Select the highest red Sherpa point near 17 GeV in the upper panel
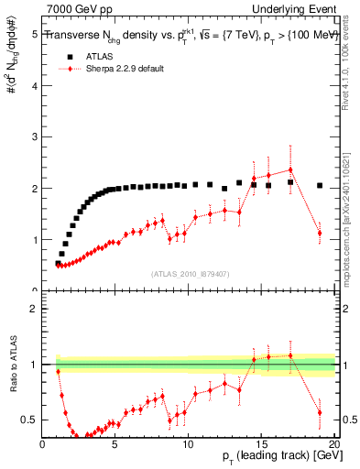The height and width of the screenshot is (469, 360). click(290, 169)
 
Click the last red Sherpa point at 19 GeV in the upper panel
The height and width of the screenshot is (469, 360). click(320, 233)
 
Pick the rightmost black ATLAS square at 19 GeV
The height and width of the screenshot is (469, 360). click(320, 185)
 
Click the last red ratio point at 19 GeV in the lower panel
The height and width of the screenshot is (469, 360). click(320, 412)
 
